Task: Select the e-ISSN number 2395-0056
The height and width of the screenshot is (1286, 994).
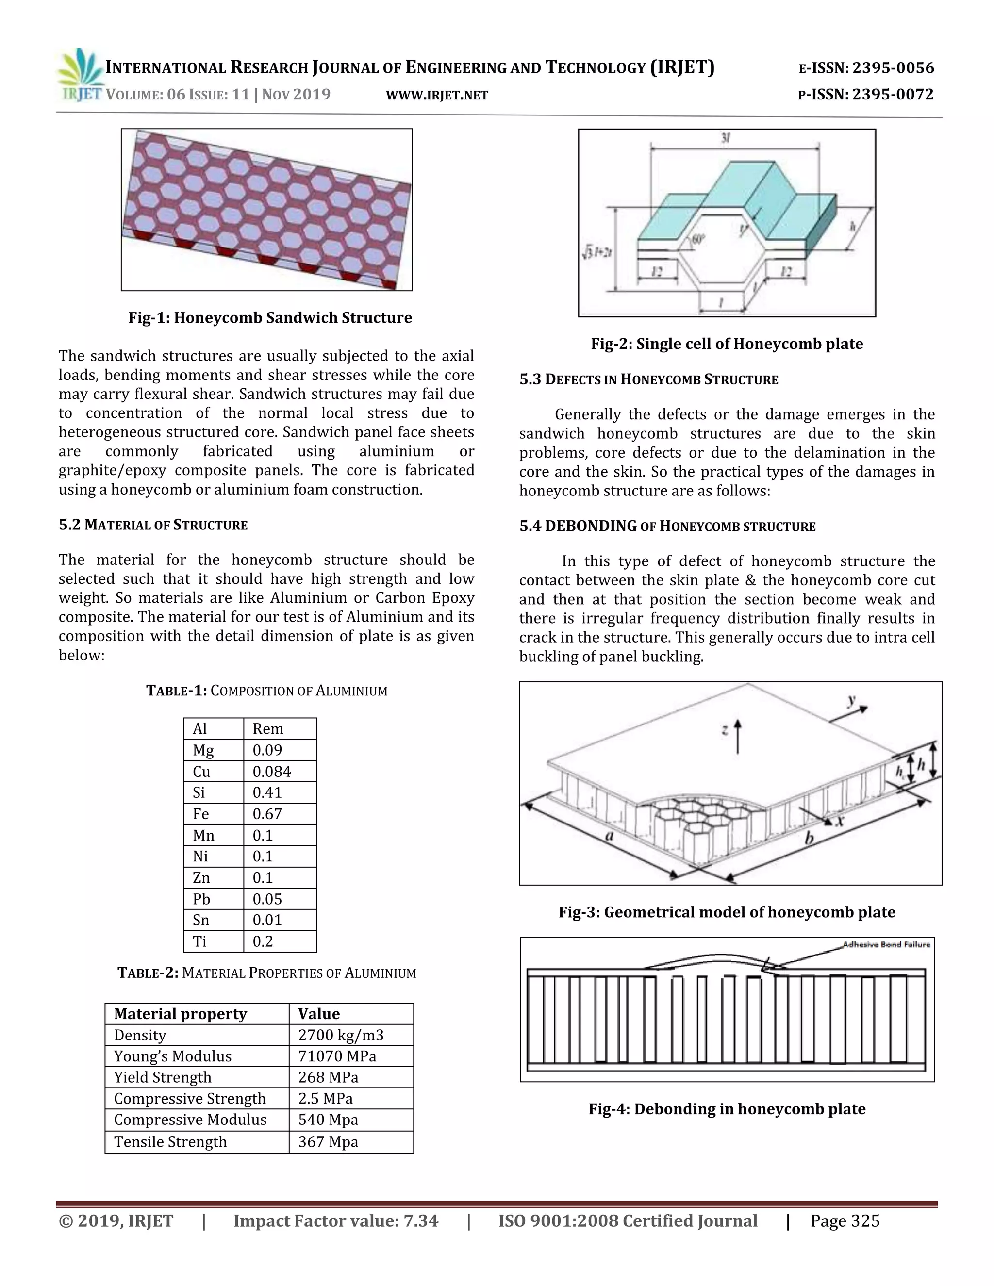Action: pyautogui.click(x=893, y=68)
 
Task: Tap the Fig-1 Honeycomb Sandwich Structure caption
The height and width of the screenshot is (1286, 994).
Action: pyautogui.click(x=270, y=318)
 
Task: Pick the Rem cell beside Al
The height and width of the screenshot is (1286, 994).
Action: pyautogui.click(x=268, y=729)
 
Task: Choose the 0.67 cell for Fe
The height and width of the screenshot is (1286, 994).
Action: pyautogui.click(x=267, y=814)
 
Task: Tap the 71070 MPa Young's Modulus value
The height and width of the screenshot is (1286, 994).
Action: pyautogui.click(x=337, y=1056)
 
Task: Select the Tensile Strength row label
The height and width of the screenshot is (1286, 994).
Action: pyautogui.click(x=170, y=1141)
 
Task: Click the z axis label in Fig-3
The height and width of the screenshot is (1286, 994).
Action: pyautogui.click(x=725, y=730)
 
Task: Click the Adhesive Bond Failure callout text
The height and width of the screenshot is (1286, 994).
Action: pyautogui.click(x=886, y=944)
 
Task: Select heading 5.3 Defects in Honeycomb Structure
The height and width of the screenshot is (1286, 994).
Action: pyautogui.click(x=648, y=380)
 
